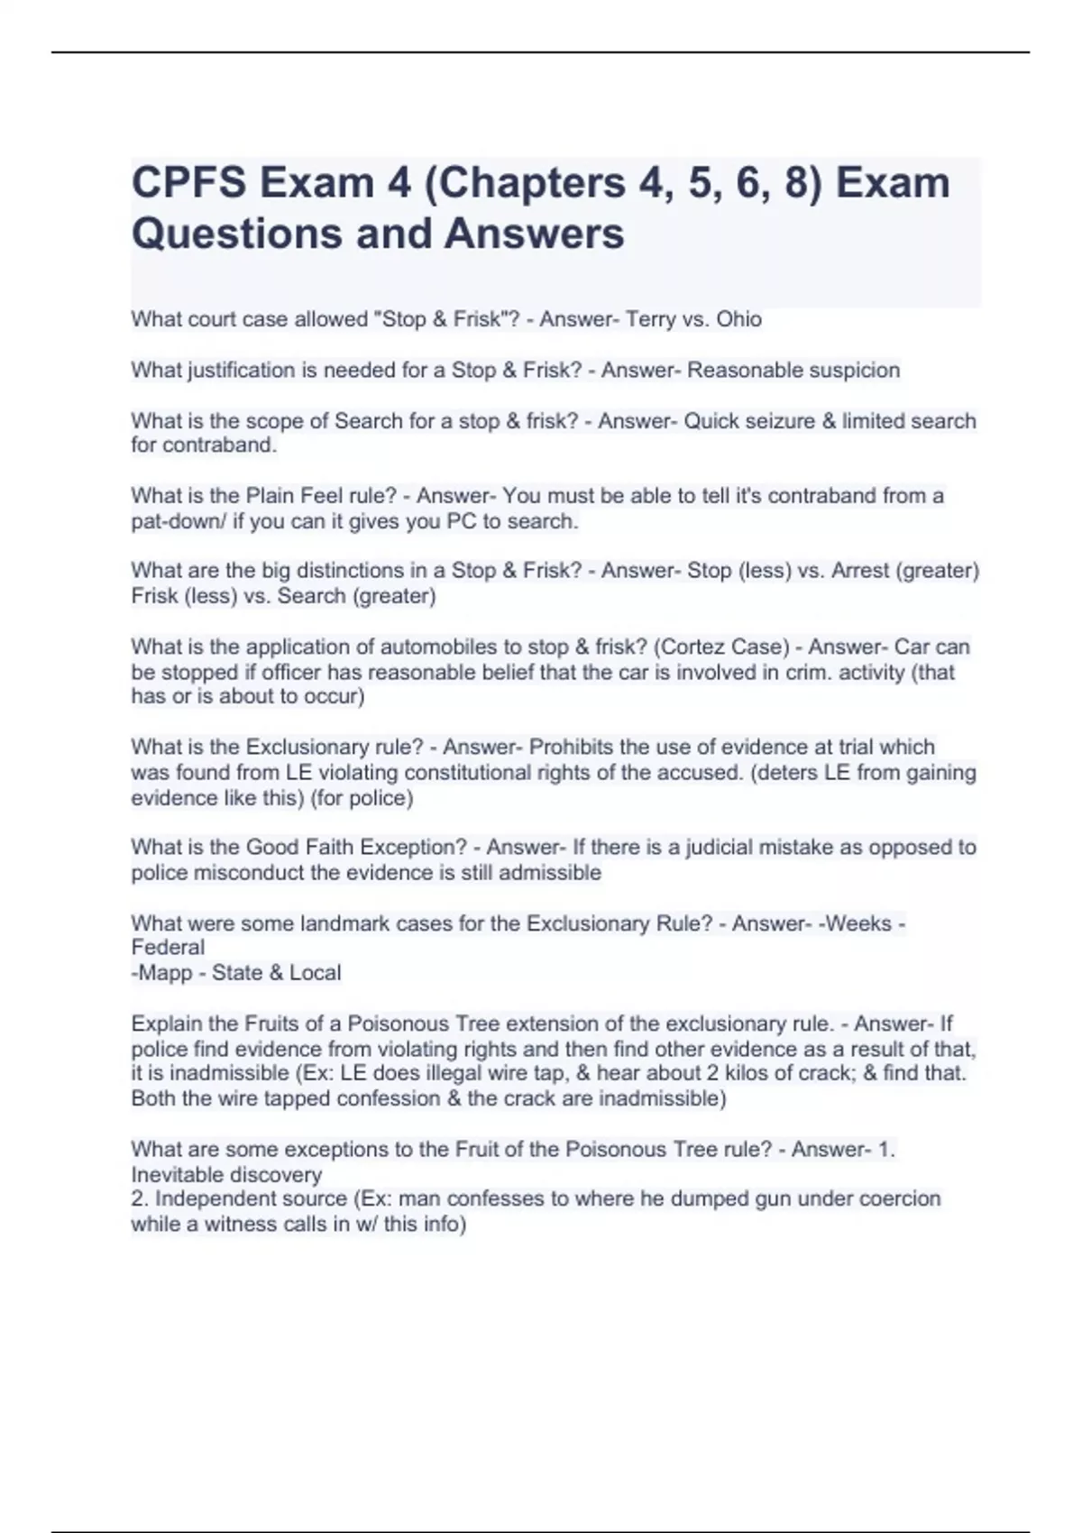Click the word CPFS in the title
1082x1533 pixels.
tap(188, 183)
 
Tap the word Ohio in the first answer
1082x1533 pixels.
tap(738, 319)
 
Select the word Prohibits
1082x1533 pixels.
tap(571, 747)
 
